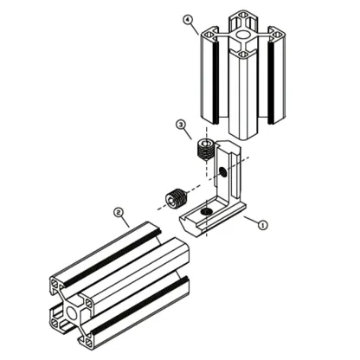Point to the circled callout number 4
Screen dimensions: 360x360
[x=187, y=20]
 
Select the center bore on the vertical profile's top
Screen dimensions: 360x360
[x=244, y=35]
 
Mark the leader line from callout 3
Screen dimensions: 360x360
[x=192, y=135]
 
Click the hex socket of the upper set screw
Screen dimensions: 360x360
[x=206, y=143]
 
